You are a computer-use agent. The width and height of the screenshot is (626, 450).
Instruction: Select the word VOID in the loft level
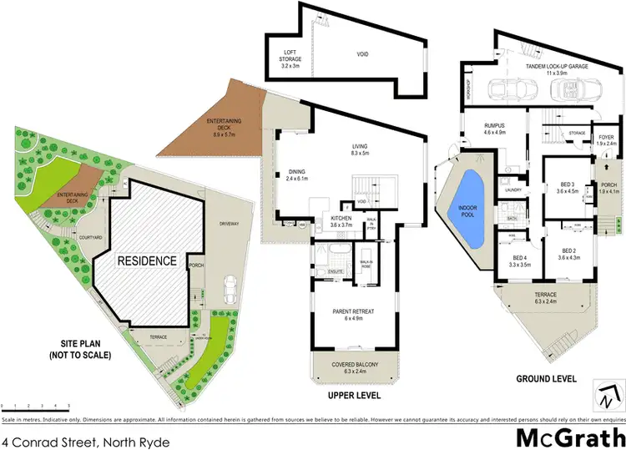coord(362,55)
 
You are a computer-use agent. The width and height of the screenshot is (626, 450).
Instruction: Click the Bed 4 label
coord(520,260)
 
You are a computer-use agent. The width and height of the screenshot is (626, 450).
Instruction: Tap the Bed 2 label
coord(568,254)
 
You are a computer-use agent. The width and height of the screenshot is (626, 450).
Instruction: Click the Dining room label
coord(297,175)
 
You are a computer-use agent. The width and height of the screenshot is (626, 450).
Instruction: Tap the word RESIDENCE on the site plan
coord(146,260)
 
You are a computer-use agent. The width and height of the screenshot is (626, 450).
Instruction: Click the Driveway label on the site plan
coord(229,224)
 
